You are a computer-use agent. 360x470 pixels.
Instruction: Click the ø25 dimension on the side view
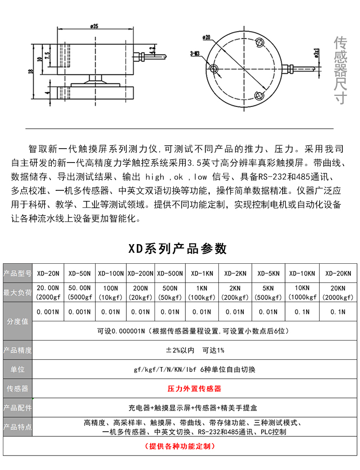pos(94,27)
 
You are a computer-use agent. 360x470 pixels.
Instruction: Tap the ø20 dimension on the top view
pos(206,36)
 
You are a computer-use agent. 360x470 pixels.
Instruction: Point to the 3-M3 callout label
pos(195,53)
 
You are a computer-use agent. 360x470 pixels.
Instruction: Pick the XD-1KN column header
pos(202,273)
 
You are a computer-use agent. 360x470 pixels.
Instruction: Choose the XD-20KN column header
pos(338,273)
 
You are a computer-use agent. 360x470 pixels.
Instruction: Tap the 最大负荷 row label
pos(17,293)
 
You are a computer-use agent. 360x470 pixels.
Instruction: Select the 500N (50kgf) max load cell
pos(170,293)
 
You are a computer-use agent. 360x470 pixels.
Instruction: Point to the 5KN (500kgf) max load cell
pos(268,293)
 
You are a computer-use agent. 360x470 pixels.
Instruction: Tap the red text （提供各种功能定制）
pos(180,446)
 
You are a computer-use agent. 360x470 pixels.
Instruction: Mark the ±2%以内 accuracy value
pos(180,350)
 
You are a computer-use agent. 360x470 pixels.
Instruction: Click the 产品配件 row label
pos(17,408)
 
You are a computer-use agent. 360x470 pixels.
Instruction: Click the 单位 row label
pos(17,370)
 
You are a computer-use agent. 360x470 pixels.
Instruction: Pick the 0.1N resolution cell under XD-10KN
pos(302,312)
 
